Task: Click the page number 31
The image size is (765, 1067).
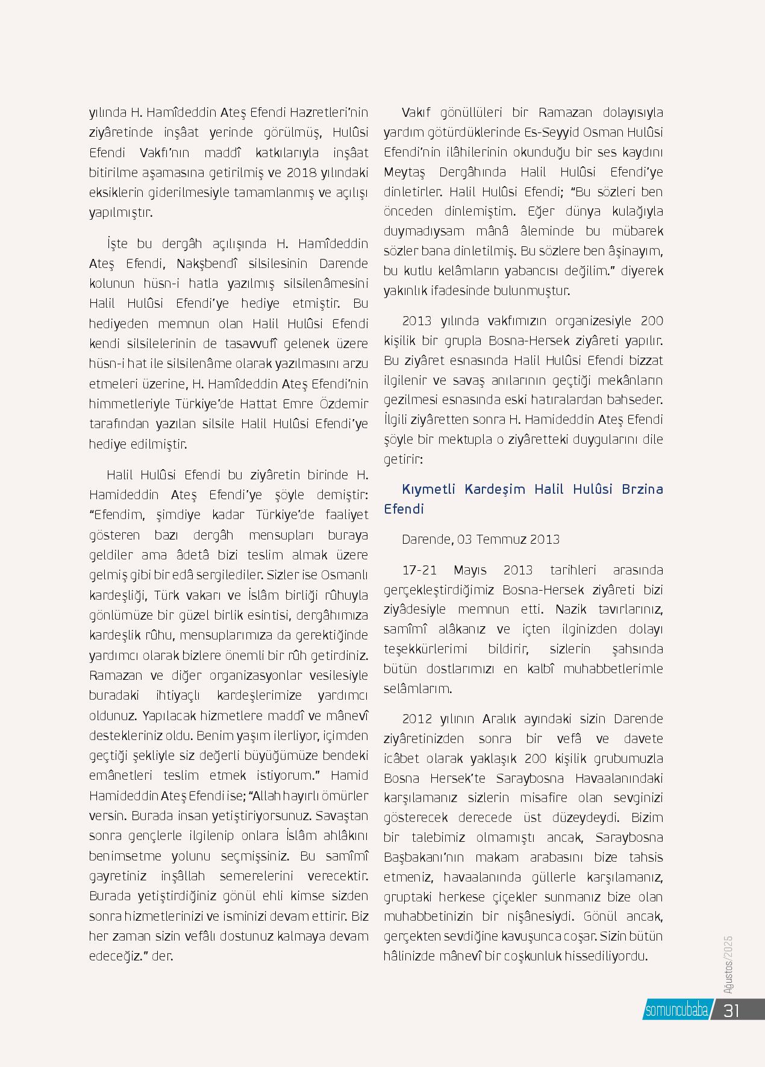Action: pyautogui.click(x=732, y=1010)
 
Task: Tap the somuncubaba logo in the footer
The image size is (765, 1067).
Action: pyautogui.click(x=676, y=1010)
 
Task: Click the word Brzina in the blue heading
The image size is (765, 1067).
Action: pyautogui.click(x=642, y=488)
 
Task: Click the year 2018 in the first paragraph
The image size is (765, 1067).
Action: pyautogui.click(x=302, y=172)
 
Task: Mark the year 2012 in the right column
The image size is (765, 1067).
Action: pyautogui.click(x=417, y=718)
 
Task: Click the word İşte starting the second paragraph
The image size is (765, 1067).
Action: pyautogui.click(x=116, y=244)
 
